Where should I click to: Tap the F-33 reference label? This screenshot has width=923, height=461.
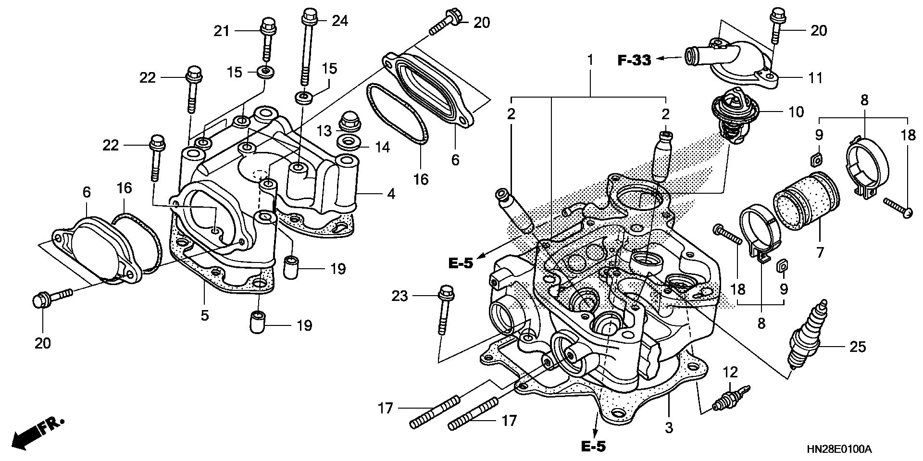[x=634, y=60]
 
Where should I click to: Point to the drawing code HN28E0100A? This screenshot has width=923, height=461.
[x=839, y=450]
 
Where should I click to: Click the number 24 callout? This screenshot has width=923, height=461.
[x=339, y=21]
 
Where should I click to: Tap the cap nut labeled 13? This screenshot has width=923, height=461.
[x=349, y=123]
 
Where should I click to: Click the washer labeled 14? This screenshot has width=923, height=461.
[x=349, y=143]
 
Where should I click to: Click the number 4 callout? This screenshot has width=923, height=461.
[x=391, y=194]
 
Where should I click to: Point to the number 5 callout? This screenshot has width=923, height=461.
[x=205, y=315]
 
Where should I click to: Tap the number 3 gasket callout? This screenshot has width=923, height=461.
[x=669, y=427]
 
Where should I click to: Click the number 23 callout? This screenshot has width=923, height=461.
[x=399, y=296]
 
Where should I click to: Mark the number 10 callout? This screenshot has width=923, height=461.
[x=796, y=112]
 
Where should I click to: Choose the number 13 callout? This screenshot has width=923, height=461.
[x=324, y=130]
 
